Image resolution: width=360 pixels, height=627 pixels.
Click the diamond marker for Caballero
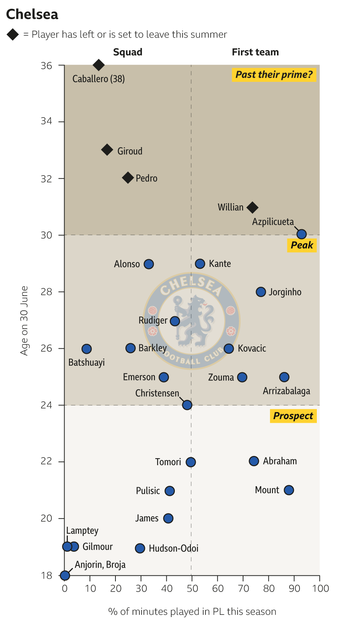click(98, 65)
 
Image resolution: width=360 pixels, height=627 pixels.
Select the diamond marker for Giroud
click(107, 150)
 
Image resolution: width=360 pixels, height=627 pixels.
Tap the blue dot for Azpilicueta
click(301, 234)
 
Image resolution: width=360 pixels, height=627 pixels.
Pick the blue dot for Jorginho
click(261, 292)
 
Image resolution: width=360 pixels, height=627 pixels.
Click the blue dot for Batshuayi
click(87, 349)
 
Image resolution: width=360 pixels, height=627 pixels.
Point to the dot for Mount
click(289, 490)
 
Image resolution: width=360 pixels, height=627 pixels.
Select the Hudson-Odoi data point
click(140, 548)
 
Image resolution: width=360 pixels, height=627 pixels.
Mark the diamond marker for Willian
click(252, 208)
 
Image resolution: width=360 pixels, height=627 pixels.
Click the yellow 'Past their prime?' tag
click(274, 75)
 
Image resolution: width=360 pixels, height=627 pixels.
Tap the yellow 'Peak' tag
click(302, 245)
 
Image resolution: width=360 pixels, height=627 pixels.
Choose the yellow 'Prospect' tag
click(293, 416)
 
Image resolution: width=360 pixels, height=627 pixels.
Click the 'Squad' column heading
click(128, 52)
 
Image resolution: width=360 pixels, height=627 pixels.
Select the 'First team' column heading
click(255, 52)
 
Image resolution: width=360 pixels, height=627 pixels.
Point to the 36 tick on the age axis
click(47, 66)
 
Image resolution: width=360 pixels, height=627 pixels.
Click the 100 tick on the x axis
click(320, 588)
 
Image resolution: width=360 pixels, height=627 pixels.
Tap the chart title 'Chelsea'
click(32, 14)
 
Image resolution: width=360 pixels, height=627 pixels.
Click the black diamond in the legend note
click(13, 35)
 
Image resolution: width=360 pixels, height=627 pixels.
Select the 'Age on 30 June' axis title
click(24, 321)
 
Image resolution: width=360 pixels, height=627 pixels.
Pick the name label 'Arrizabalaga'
click(286, 391)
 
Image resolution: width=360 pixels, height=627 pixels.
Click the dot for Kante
click(200, 264)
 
